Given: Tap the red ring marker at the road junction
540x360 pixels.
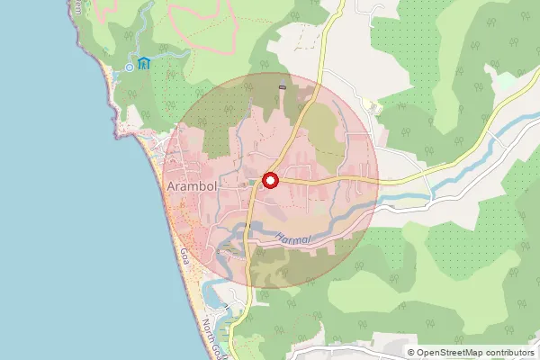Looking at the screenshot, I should (270, 180).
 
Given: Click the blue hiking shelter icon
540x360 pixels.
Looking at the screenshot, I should (144, 64).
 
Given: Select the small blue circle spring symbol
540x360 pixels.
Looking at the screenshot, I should (130, 66).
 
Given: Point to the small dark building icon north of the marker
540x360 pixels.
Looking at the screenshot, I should (283, 86).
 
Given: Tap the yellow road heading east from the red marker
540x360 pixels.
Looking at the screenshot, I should (333, 180).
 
